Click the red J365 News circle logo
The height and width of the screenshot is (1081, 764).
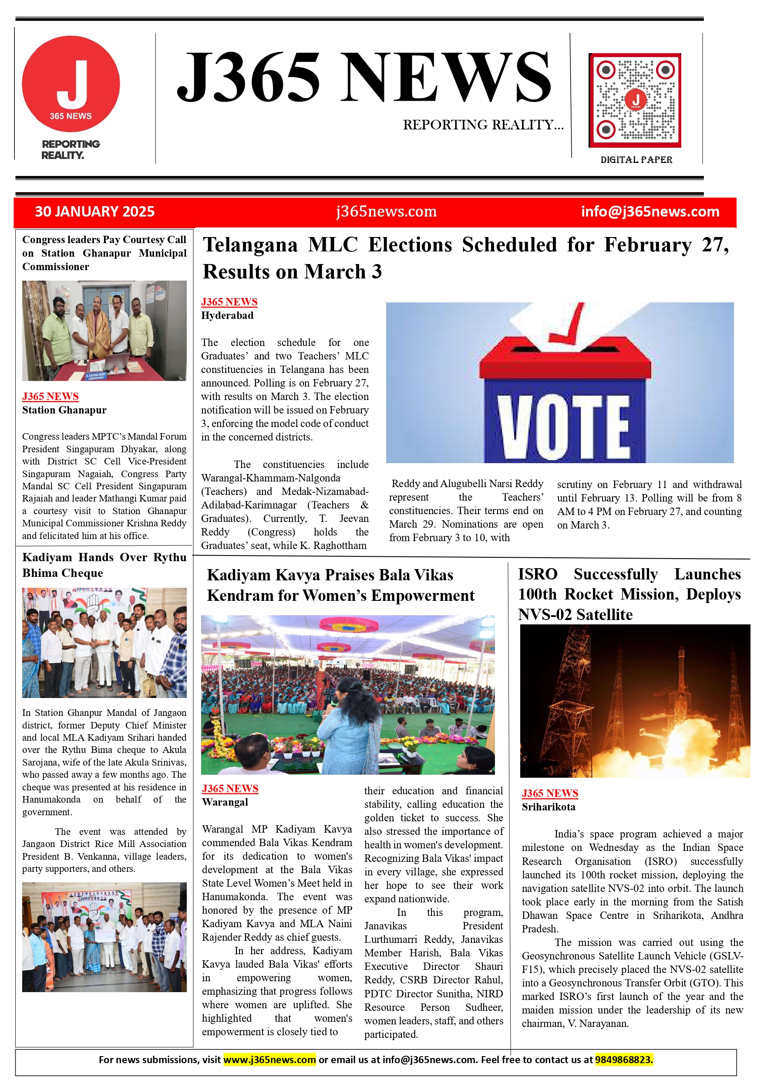coord(71,84)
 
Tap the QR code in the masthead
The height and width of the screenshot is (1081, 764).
coord(635,100)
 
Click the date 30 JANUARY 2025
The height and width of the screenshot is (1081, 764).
coord(94,211)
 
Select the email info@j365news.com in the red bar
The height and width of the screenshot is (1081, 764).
coord(650,211)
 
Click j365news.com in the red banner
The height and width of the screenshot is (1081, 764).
coord(386,211)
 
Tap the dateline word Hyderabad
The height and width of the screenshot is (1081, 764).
coord(227,315)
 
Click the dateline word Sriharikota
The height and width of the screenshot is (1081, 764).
coord(548,807)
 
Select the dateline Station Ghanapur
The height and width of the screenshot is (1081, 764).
coord(64,410)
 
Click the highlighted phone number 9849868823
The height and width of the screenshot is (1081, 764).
coord(623,1060)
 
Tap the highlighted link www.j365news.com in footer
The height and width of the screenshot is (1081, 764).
coord(269,1060)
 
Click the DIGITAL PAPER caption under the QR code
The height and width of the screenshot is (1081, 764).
coord(636,159)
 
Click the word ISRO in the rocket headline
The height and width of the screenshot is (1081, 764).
coord(537,574)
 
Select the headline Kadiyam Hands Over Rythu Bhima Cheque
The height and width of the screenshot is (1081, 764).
coord(104,565)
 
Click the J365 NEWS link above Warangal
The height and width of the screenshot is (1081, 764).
coord(230,789)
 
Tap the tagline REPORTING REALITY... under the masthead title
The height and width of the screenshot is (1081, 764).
coord(483,125)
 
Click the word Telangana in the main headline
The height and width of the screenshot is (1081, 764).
coord(250,245)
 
